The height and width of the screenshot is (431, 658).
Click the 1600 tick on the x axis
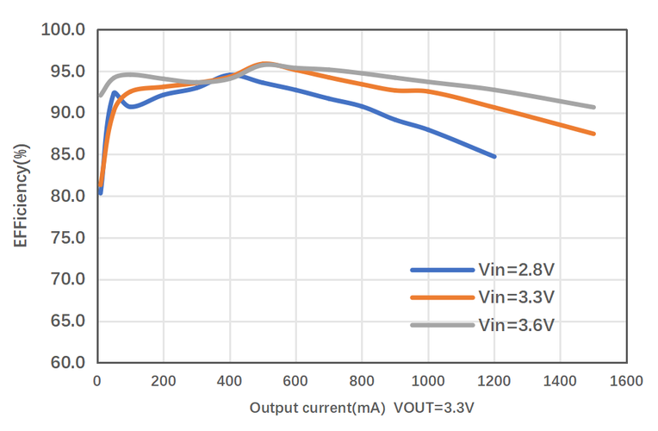pos(626,380)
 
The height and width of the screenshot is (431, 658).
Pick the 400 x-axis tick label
pos(229,380)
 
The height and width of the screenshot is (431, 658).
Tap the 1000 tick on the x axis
pos(428,380)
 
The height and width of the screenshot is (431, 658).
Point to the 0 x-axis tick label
pos(97,380)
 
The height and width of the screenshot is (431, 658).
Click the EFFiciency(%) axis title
pos(21,197)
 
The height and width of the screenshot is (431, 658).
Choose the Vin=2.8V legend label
pos(516,269)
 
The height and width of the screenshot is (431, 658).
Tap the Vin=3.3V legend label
pos(516,297)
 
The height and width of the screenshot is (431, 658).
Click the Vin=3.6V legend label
pos(516,325)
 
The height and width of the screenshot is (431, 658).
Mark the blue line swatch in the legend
pos(442,270)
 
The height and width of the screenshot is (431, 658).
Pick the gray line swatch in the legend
pos(442,325)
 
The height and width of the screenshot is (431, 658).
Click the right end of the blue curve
pos(494,157)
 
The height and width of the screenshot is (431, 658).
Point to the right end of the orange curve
pos(593,134)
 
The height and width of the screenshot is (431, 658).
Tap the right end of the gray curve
pos(593,108)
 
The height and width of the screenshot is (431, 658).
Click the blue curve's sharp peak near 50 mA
pos(115,93)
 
